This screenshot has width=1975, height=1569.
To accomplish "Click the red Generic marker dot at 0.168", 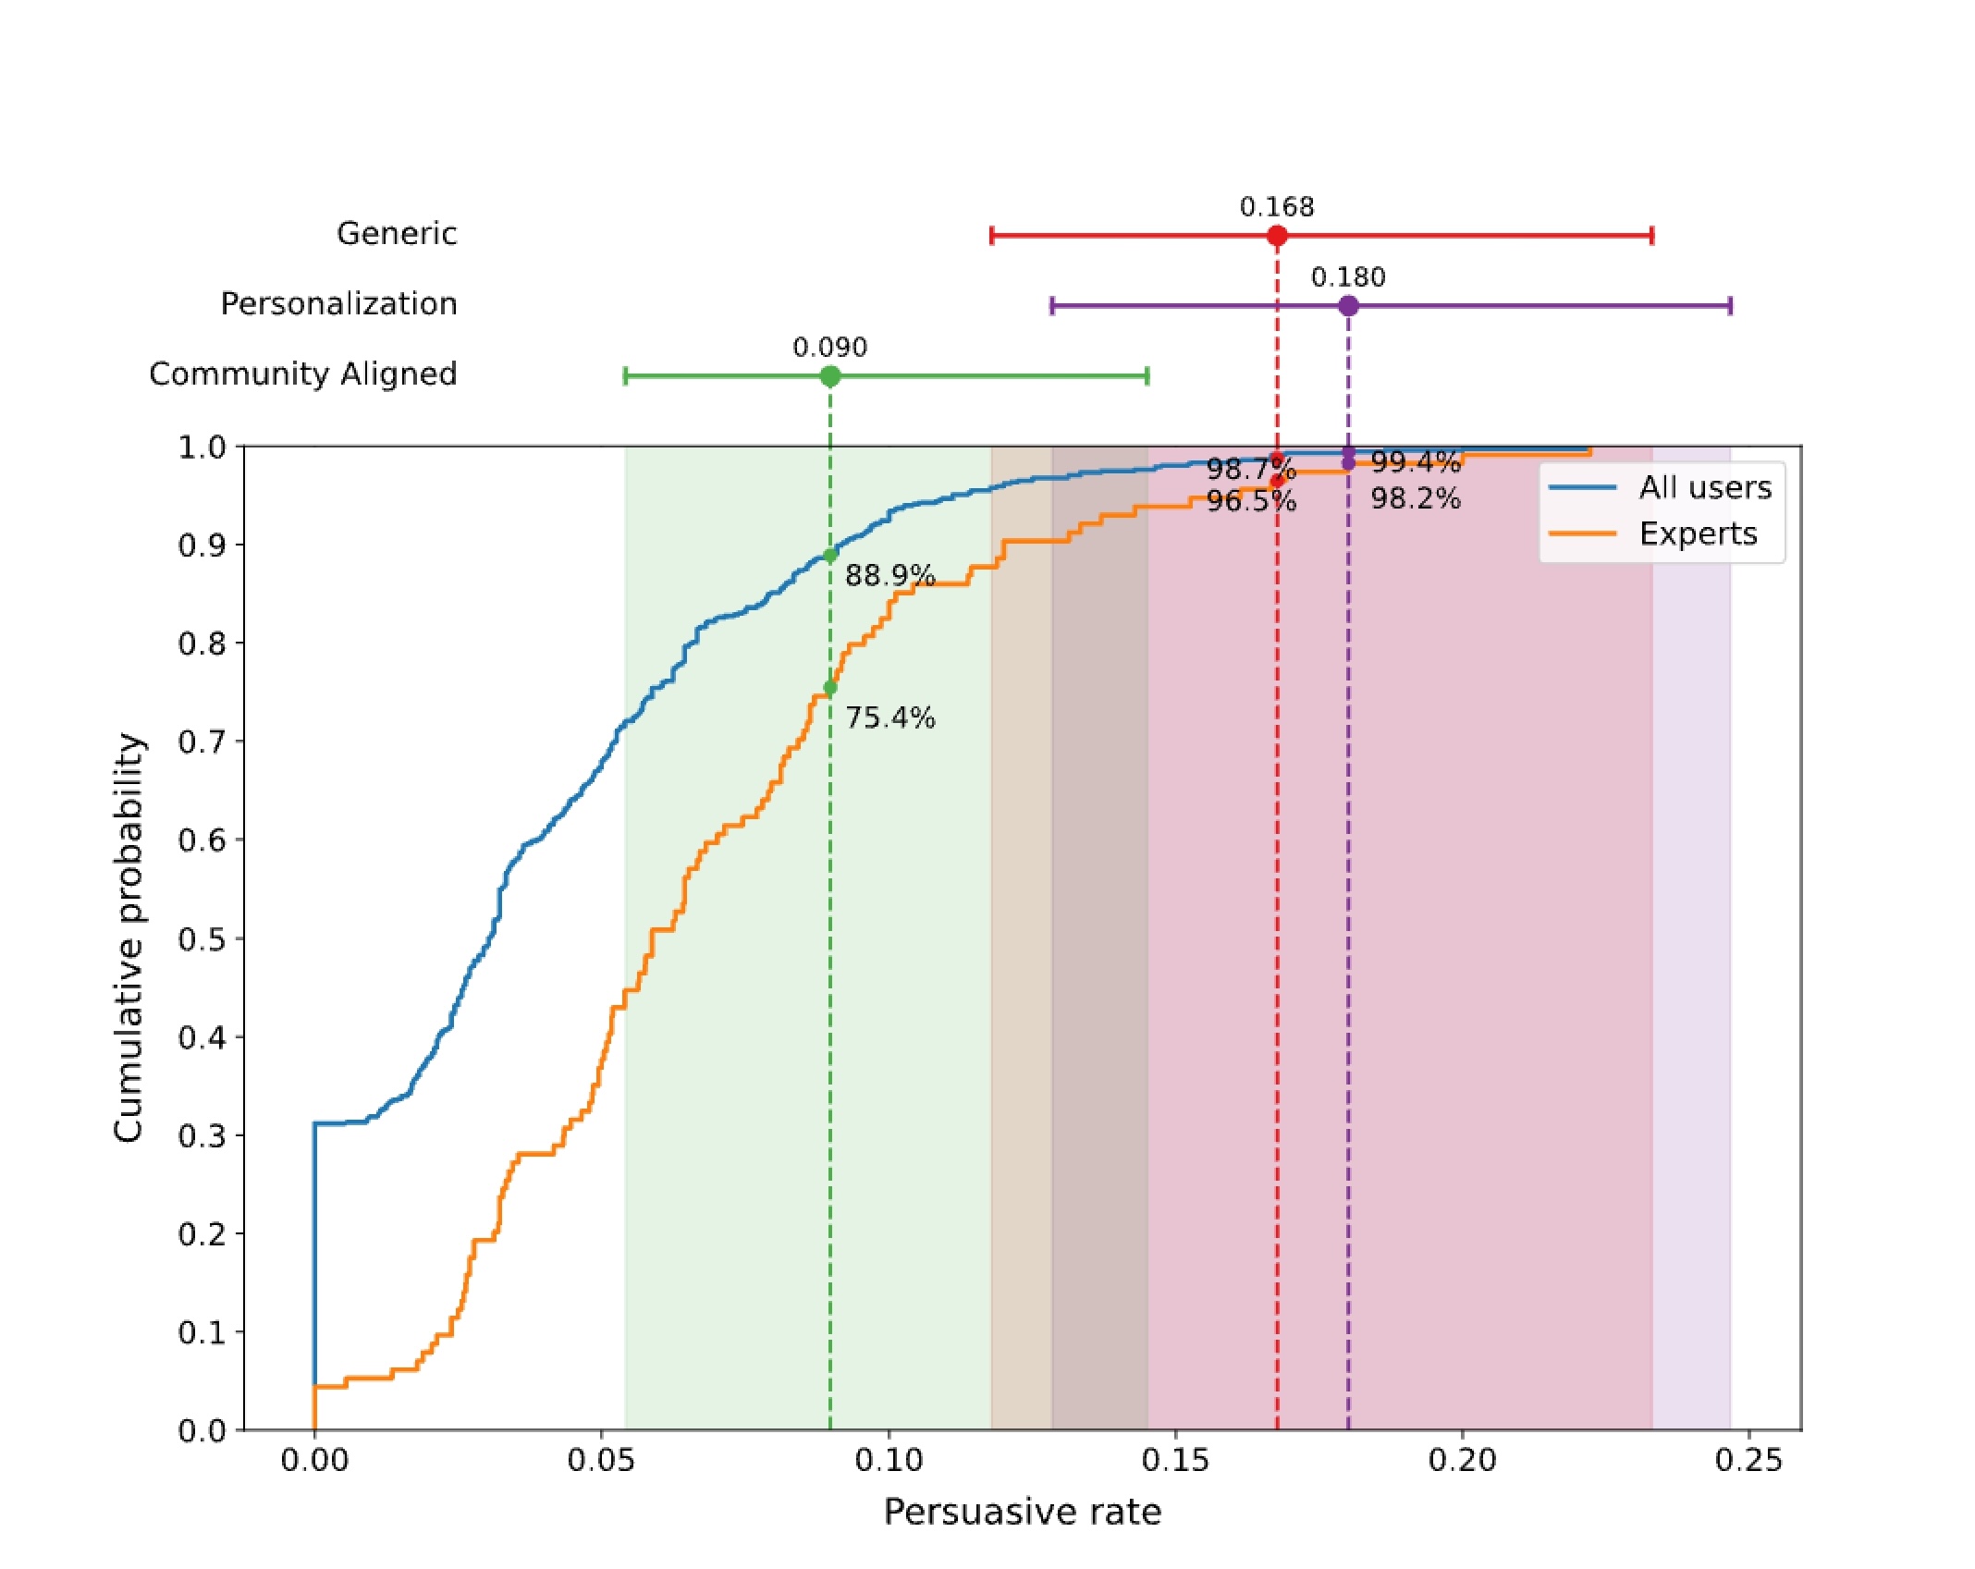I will click(x=1277, y=236).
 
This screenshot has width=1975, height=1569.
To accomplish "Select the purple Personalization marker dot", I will click(x=1348, y=306).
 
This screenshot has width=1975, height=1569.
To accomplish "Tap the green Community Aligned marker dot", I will click(x=830, y=376).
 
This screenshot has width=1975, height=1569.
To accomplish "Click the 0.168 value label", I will click(x=1277, y=207).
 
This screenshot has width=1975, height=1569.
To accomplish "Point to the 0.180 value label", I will click(x=1348, y=277).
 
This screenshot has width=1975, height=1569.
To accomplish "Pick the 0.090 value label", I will click(x=830, y=348).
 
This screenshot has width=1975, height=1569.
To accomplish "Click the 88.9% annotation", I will click(x=889, y=576).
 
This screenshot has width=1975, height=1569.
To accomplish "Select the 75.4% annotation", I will click(x=889, y=718).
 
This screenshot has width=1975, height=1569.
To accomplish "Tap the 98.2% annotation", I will click(x=1415, y=499).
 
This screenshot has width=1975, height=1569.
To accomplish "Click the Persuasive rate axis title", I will click(x=1022, y=1512).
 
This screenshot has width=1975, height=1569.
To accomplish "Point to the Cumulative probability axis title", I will click(x=129, y=938).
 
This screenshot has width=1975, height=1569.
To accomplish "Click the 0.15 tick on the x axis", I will click(x=1175, y=1461).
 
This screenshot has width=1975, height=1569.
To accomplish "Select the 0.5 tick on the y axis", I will click(x=202, y=939).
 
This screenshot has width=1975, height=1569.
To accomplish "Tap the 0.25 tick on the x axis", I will click(x=1748, y=1461).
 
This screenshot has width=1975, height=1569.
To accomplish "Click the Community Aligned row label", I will click(x=303, y=374).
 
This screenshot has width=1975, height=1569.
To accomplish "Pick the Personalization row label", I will click(x=338, y=304).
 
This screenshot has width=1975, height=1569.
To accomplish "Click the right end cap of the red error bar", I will click(x=1651, y=236).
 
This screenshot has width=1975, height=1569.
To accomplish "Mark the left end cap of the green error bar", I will click(x=626, y=376).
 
